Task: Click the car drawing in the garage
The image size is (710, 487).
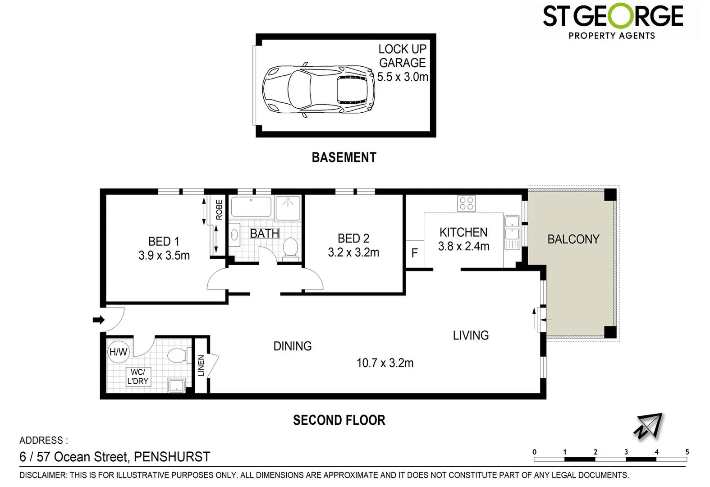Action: pos(319,89)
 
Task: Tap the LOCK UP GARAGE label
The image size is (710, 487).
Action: pos(402,56)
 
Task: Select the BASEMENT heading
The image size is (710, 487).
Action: pos(344,157)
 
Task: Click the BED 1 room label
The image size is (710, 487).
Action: pos(164,241)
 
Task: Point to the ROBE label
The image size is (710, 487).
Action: pos(219,210)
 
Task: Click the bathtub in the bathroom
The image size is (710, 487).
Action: pos(251,207)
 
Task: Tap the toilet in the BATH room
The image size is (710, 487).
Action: pos(290,248)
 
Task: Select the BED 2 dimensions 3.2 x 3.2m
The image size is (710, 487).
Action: pos(353,253)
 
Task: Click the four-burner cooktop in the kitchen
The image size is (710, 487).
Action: pos(466,203)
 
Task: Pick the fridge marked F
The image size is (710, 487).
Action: pos(415,253)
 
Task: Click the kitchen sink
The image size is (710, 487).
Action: pos(512,228)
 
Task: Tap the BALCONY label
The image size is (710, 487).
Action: pos(573,239)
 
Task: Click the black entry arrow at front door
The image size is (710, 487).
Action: pos(98,320)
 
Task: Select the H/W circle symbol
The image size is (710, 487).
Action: pos(119,352)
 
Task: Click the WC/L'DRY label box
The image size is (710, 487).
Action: pos(138,377)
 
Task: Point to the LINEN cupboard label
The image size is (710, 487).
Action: pos(201,366)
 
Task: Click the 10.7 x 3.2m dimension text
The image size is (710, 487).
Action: pos(385,363)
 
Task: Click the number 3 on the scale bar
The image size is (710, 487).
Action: pos(626,452)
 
